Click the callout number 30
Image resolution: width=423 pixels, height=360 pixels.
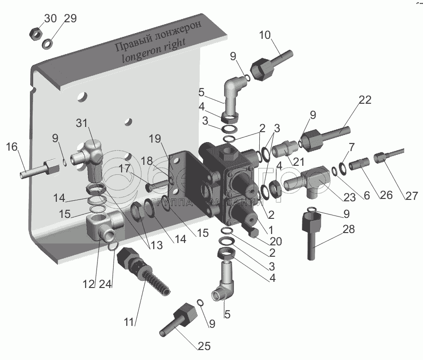pyautogui.click(x=50, y=18)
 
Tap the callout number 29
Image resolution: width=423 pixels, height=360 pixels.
pyautogui.click(x=70, y=18)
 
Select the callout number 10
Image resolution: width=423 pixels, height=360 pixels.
pyautogui.click(x=265, y=35)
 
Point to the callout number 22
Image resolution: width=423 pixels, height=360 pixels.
pyautogui.click(x=365, y=100)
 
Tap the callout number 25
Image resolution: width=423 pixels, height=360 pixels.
pyautogui.click(x=204, y=346)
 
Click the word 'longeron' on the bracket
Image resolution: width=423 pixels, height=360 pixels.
pyautogui.click(x=140, y=58)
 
